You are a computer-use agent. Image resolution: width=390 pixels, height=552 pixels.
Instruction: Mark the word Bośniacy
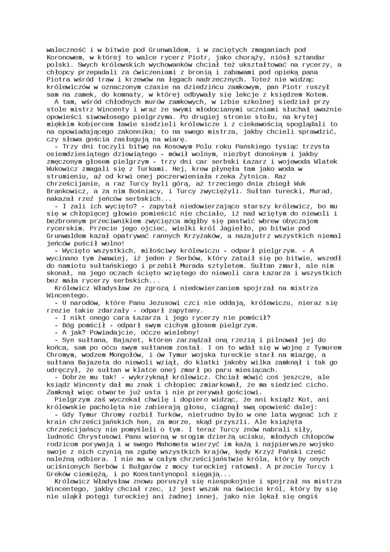tap(146, 189)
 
